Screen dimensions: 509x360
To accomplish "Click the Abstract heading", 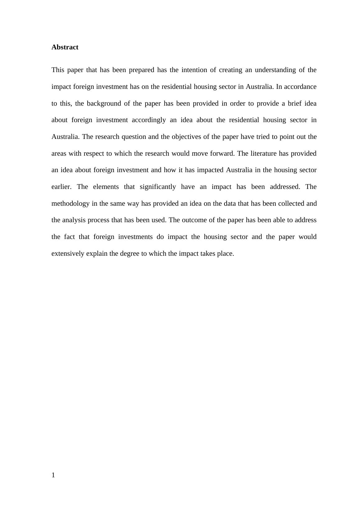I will [65, 47].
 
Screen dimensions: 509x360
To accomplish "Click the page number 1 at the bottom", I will [53, 475].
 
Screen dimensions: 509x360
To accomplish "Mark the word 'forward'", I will [222, 154].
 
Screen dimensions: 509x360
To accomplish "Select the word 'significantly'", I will [158, 187].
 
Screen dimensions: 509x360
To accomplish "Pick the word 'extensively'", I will [68, 254].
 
